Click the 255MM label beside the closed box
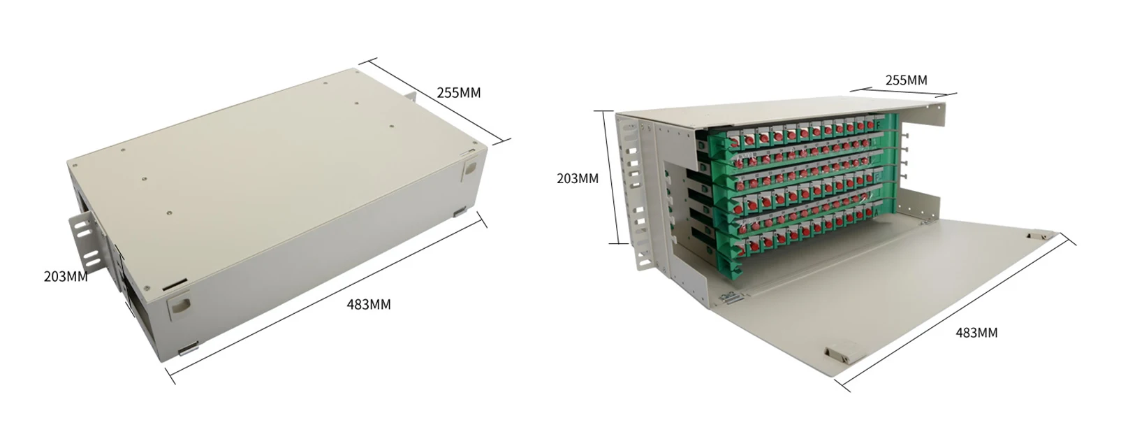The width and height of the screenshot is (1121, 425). [459, 92]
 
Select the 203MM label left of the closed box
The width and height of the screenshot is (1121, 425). [66, 276]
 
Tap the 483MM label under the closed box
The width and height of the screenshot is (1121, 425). [369, 305]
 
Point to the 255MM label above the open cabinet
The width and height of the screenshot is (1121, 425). [906, 80]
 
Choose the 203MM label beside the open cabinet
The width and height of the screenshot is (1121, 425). [578, 178]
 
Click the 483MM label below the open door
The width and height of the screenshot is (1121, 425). [976, 333]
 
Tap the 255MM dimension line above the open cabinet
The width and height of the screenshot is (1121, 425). [903, 91]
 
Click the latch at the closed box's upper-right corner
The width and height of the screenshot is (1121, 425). [469, 168]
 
